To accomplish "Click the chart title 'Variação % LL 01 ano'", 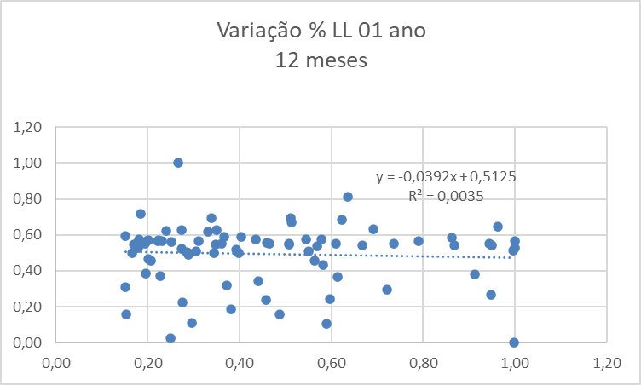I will (x=320, y=32).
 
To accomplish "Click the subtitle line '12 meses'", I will (x=320, y=60).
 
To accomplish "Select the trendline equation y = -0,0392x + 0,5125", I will (x=447, y=177).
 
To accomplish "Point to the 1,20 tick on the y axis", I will (x=26, y=127).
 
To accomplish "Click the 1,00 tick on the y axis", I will (x=26, y=163).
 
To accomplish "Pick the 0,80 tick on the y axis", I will (x=26, y=199).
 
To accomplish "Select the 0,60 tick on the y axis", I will (x=26, y=235).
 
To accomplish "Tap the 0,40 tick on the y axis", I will (x=26, y=271).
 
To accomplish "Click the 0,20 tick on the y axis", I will (x=26, y=307).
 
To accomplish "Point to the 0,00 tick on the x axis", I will (x=55, y=361).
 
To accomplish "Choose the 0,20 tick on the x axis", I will (x=147, y=361).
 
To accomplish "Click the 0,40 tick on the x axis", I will (x=240, y=361).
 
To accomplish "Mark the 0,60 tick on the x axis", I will (x=331, y=361).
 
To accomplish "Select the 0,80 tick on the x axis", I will (x=423, y=361).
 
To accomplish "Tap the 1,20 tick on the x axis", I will (x=606, y=361).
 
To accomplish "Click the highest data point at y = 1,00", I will (x=178, y=163).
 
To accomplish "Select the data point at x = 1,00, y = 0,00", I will (x=514, y=342).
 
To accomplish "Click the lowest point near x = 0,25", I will (x=170, y=338).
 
